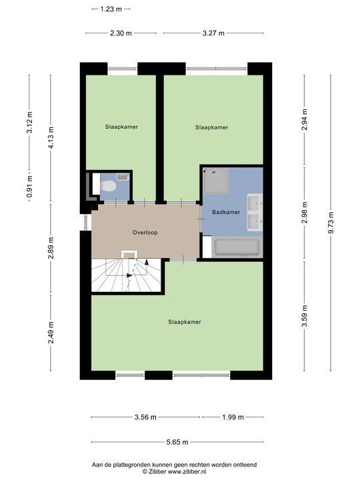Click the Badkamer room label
(x=226, y=212)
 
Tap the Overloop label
(x=145, y=233)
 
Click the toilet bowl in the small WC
(x=108, y=186)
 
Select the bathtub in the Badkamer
(x=237, y=247)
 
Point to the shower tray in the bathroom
(x=215, y=180)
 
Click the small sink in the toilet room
(x=123, y=177)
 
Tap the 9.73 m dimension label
(x=331, y=223)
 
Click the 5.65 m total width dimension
(x=177, y=442)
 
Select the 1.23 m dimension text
(x=111, y=9)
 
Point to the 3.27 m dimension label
(x=213, y=33)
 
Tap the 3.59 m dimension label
(x=304, y=316)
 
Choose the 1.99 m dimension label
(x=233, y=417)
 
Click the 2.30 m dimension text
(x=121, y=33)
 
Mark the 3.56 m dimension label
(x=145, y=417)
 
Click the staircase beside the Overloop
(x=126, y=275)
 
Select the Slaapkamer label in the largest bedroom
(x=185, y=322)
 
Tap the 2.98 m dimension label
(x=304, y=213)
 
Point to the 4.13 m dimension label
(x=51, y=138)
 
